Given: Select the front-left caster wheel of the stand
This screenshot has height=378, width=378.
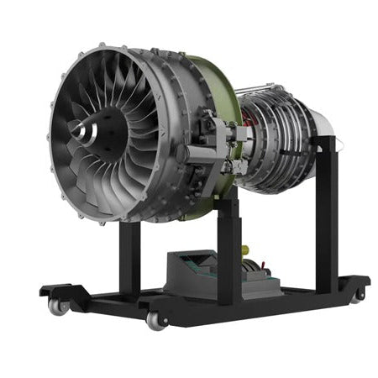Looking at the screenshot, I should click(57, 307).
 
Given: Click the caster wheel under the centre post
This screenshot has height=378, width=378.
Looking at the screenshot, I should click(154, 320).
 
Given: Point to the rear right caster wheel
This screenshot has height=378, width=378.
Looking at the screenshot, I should click(359, 294).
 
